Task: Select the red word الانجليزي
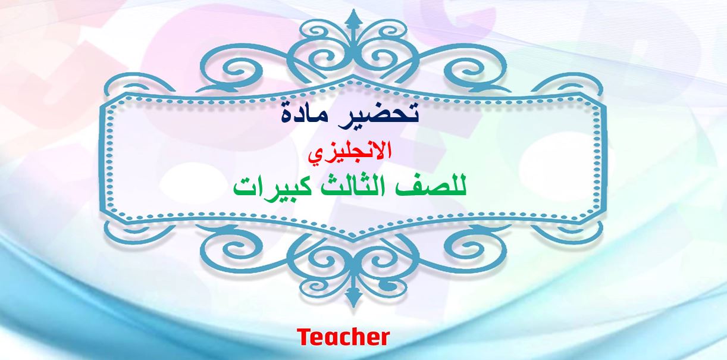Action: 350,152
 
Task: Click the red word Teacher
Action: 343,337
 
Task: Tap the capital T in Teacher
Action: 305,337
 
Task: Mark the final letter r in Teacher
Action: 384,340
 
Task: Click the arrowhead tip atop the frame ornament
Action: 353,10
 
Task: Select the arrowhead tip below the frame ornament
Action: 353,307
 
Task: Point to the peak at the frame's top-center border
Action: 353,77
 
